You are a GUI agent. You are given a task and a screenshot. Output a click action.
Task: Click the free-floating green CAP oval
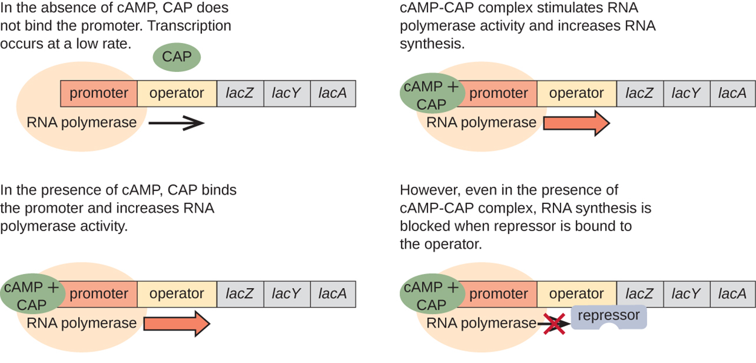(x=177, y=57)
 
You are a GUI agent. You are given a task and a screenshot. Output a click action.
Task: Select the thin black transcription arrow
(x=175, y=123)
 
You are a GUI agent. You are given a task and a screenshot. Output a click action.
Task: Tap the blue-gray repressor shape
(x=608, y=316)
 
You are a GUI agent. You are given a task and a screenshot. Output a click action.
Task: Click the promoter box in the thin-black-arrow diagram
(x=99, y=93)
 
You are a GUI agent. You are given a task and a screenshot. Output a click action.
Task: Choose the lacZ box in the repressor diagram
(x=639, y=294)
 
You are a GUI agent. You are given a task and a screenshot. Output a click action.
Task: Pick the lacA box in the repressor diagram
(x=732, y=294)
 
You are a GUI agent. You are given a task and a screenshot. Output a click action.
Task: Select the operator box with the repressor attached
(x=576, y=294)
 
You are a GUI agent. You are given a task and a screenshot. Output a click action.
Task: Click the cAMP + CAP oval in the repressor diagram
(x=431, y=295)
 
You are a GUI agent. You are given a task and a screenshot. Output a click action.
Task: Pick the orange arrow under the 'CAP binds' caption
(x=176, y=324)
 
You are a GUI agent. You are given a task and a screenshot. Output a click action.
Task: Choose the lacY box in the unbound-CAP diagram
(x=287, y=93)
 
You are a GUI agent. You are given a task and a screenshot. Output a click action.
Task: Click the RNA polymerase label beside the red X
(x=481, y=324)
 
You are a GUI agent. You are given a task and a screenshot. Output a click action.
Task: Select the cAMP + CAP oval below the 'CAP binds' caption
(x=31, y=295)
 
